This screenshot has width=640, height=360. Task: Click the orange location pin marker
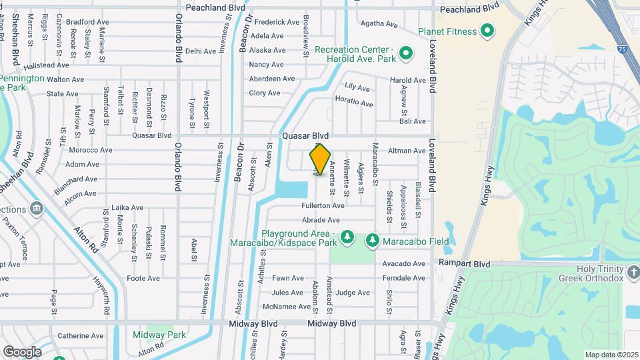[321, 160]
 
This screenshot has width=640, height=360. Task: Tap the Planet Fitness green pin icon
[487, 31]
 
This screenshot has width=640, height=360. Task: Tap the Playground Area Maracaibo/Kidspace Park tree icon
[347, 237]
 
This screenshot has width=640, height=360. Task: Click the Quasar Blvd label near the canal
[305, 135]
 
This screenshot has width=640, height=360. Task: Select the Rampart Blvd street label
[464, 264]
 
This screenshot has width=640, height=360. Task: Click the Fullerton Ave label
[323, 206]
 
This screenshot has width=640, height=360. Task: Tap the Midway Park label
[159, 335]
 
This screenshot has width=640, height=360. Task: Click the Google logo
[22, 351]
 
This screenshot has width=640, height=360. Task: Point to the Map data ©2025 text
[611, 355]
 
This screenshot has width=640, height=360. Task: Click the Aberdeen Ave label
[271, 79]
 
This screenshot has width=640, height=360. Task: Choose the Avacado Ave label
[404, 263]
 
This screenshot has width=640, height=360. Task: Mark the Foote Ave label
[144, 278]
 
